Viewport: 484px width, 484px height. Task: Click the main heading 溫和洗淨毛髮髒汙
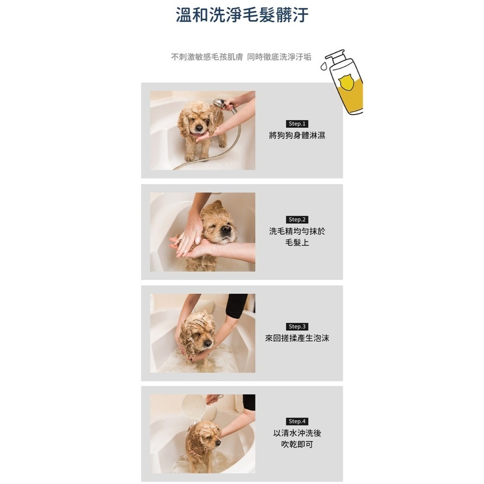click(x=242, y=15)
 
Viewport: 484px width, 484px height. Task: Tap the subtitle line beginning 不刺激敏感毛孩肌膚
click(x=241, y=57)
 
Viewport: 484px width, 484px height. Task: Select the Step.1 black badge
click(x=297, y=124)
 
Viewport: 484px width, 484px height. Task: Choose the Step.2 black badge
click(x=297, y=220)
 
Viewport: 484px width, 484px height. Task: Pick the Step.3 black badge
click(x=297, y=326)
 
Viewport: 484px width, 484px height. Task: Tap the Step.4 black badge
click(x=297, y=422)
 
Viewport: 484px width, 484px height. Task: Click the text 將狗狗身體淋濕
click(x=297, y=136)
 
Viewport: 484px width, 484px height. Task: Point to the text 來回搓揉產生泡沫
click(x=297, y=338)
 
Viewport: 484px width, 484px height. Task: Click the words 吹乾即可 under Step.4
click(x=297, y=444)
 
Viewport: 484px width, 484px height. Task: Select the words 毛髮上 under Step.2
click(x=297, y=242)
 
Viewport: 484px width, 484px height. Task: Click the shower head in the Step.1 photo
click(x=220, y=103)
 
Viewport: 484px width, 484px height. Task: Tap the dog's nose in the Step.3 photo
click(x=208, y=343)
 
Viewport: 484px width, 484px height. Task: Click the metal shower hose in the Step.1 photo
click(x=227, y=145)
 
